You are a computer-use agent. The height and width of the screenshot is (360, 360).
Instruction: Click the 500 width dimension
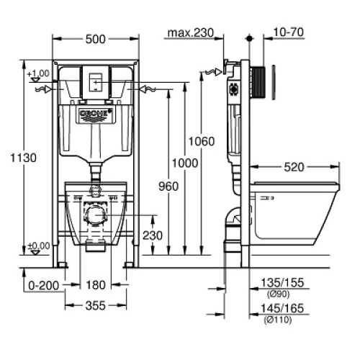(96, 39)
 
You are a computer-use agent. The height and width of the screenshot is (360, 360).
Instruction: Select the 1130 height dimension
(24, 158)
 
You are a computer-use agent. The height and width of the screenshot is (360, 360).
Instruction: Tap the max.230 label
(191, 32)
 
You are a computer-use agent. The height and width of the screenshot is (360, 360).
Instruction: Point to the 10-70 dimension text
(289, 32)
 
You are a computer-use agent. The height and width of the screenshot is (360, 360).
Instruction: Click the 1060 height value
(202, 141)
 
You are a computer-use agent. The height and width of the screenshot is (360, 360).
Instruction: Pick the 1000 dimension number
(185, 163)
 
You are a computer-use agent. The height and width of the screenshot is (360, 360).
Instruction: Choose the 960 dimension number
(168, 186)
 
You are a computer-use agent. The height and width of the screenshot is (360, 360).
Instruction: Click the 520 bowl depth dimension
(294, 167)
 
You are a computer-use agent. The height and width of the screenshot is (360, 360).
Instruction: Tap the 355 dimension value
(96, 305)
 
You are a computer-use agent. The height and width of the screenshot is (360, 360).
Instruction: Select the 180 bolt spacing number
(96, 285)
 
